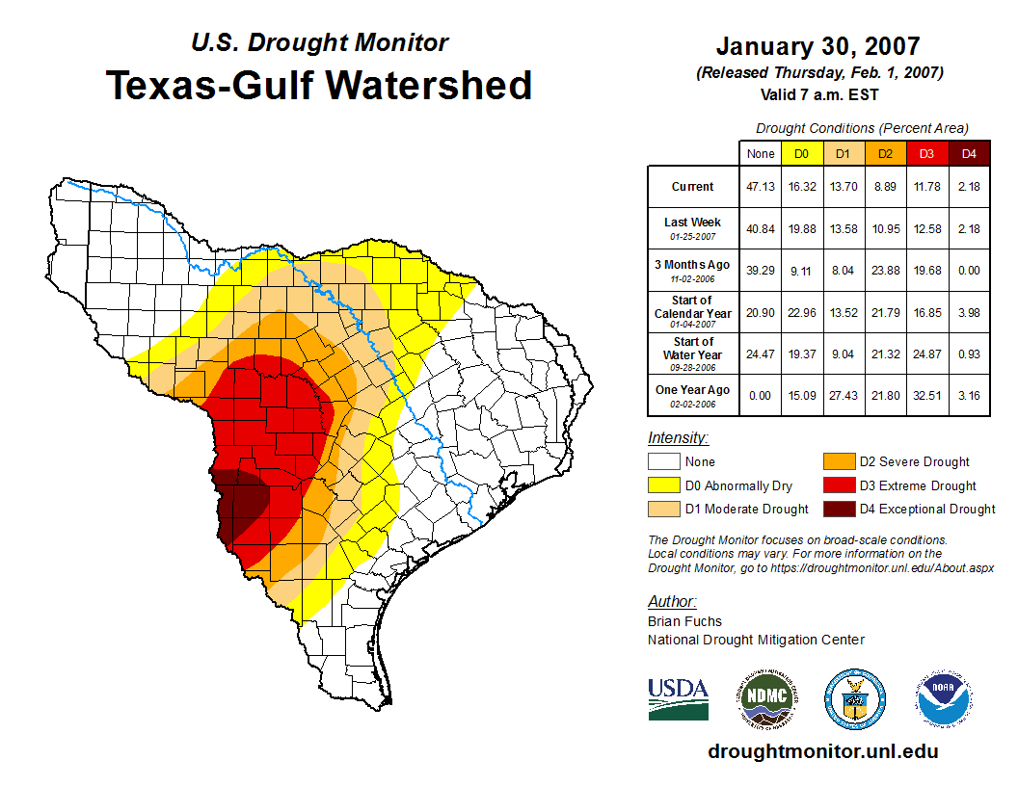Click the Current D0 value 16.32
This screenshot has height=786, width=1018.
coord(802,187)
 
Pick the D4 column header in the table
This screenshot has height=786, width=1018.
coord(969,154)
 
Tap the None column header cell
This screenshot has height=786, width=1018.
coord(761,154)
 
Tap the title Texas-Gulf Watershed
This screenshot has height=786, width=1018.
coord(319,85)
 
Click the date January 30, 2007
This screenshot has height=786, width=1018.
coord(817,46)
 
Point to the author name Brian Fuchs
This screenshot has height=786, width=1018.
coord(684,621)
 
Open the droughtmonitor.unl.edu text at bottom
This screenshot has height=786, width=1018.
coord(822,751)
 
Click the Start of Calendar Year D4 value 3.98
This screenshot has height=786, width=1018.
coord(969,312)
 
